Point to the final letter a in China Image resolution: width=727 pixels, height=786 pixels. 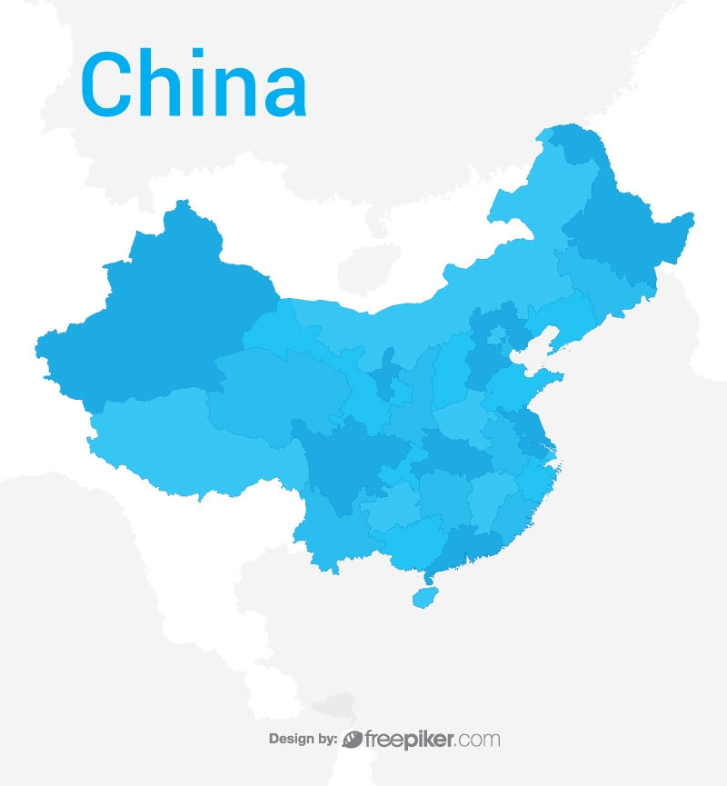pyautogui.click(x=280, y=93)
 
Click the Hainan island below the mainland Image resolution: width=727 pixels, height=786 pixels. pyautogui.click(x=423, y=597)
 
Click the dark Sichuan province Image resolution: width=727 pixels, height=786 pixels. pyautogui.click(x=350, y=463)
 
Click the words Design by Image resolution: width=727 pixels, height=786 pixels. pyautogui.click(x=304, y=739)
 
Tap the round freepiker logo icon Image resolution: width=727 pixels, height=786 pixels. pyautogui.click(x=353, y=739)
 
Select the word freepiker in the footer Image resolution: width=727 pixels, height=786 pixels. pyautogui.click(x=410, y=739)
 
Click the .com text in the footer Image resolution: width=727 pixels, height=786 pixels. pyautogui.click(x=479, y=740)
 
